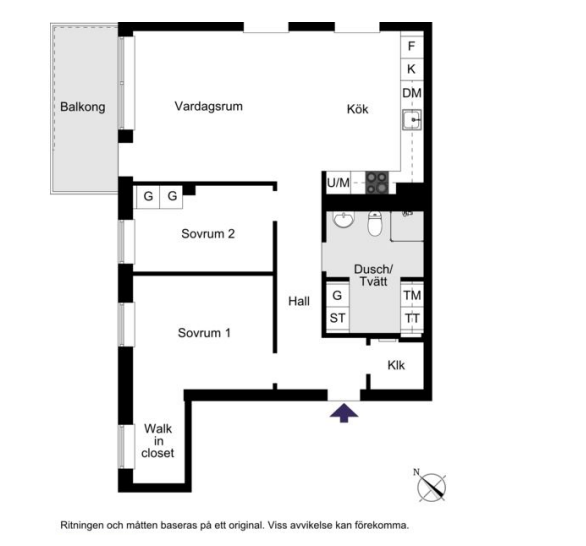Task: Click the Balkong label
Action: click(x=83, y=107)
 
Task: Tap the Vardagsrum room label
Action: click(x=209, y=106)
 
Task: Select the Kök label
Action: click(x=358, y=109)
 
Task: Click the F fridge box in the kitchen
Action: click(x=412, y=46)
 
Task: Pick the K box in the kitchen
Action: click(x=412, y=69)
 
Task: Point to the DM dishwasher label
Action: click(x=412, y=93)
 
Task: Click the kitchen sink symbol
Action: click(x=412, y=120)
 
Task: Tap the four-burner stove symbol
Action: click(x=377, y=183)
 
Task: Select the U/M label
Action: click(x=338, y=183)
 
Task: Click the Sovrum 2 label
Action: click(x=208, y=234)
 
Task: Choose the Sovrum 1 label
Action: click(x=204, y=333)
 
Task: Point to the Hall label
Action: click(x=299, y=301)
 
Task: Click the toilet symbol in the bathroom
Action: click(x=374, y=223)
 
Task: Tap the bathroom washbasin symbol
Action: click(x=343, y=219)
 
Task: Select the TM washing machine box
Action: click(x=412, y=295)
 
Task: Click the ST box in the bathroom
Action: click(x=337, y=318)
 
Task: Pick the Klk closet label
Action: click(x=396, y=365)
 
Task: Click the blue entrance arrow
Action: click(x=344, y=412)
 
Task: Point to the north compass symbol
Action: click(x=431, y=485)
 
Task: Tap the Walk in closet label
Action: click(x=158, y=441)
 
